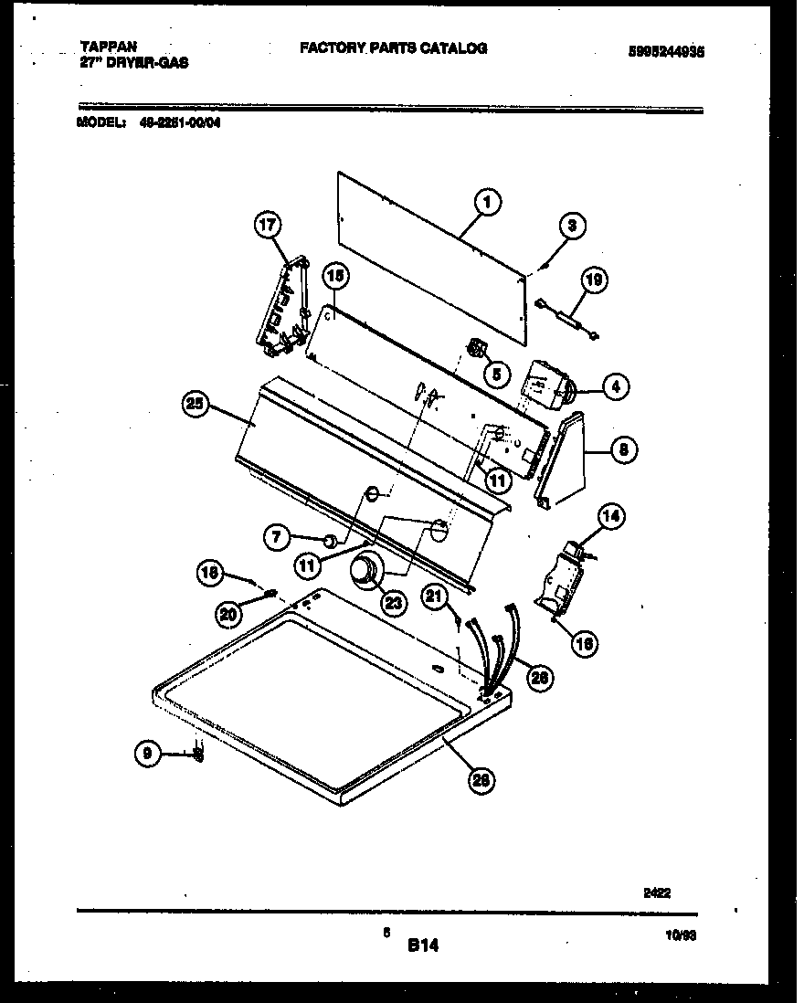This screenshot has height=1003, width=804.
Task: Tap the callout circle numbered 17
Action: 269,225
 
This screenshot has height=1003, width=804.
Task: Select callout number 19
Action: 593,280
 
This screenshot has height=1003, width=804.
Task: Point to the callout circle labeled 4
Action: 615,387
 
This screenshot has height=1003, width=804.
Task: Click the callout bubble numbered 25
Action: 197,406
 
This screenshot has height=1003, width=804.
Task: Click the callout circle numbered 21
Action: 435,597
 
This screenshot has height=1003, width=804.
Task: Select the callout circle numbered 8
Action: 622,449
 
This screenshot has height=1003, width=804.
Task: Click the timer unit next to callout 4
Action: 545,382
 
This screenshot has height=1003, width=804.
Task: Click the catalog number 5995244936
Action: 666,52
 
